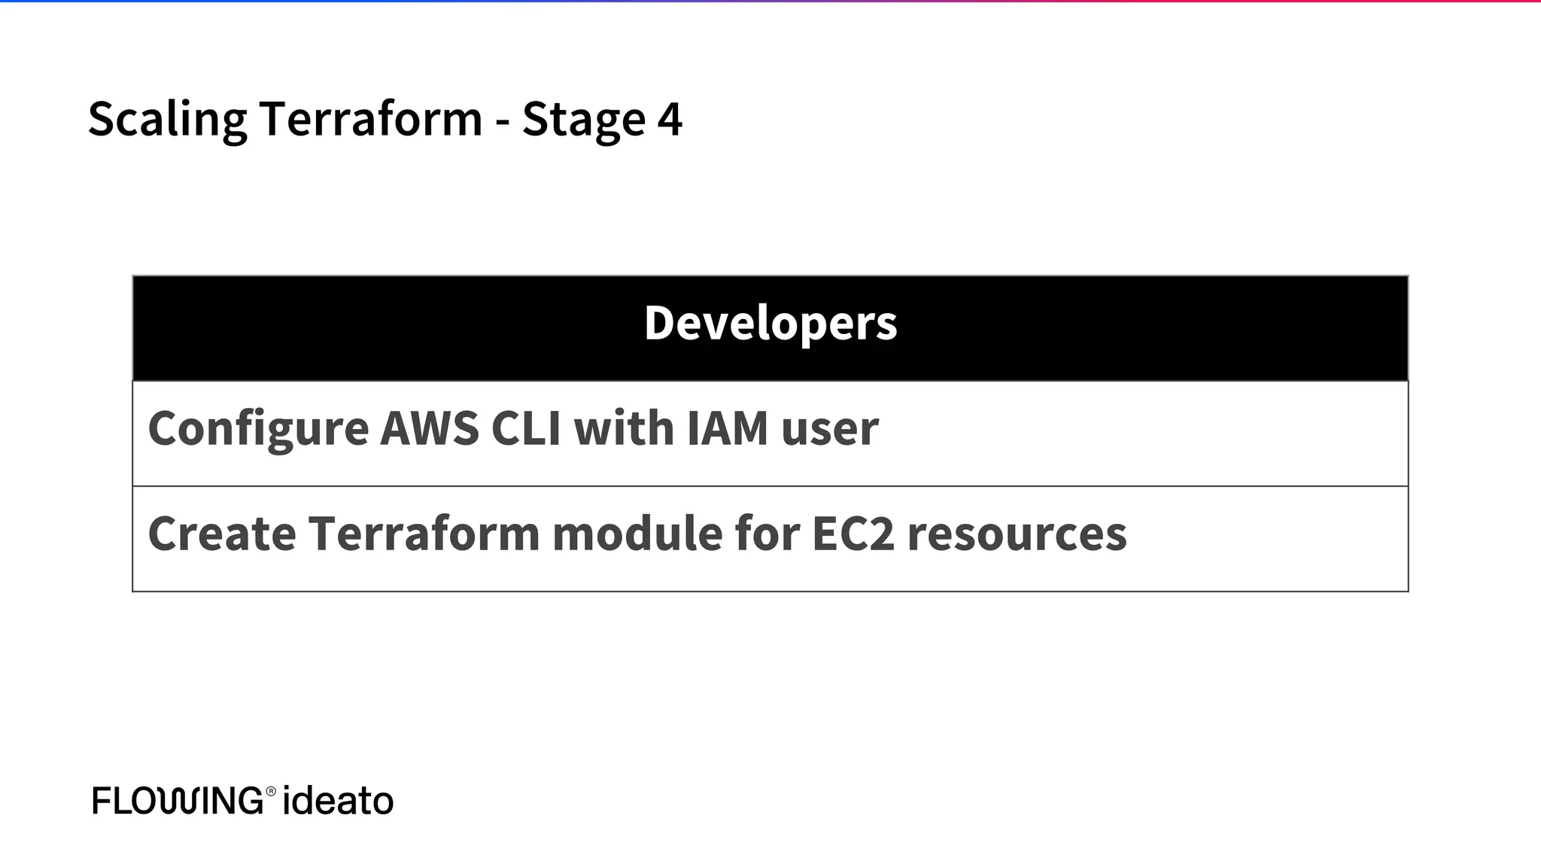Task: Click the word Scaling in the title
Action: point(167,119)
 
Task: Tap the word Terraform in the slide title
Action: point(370,119)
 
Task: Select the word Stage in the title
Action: point(583,119)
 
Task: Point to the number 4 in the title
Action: point(670,119)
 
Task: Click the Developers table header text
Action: point(770,323)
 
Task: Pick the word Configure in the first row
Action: point(258,428)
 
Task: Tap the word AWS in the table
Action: point(429,428)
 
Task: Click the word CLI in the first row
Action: point(525,428)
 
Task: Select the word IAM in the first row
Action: point(727,428)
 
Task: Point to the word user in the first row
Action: point(829,428)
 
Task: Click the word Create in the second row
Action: point(222,534)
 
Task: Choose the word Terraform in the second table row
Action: point(424,534)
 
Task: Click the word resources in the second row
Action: point(1017,534)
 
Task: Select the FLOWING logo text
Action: point(178,800)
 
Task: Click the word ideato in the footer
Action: point(338,800)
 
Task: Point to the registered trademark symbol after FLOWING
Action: point(271,791)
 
